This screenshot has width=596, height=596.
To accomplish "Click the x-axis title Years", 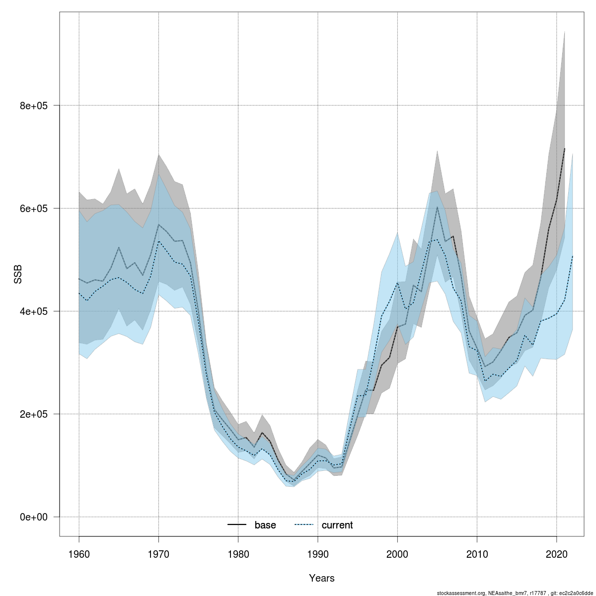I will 322,578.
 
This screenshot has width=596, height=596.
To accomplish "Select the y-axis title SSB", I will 18,275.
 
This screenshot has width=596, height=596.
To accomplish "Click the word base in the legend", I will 265,525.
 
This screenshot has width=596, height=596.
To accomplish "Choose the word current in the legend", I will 337,525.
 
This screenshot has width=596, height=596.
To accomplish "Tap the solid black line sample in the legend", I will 237,525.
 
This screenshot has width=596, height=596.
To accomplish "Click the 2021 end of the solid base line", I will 564,149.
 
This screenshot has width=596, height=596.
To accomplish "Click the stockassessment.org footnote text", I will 515,593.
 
